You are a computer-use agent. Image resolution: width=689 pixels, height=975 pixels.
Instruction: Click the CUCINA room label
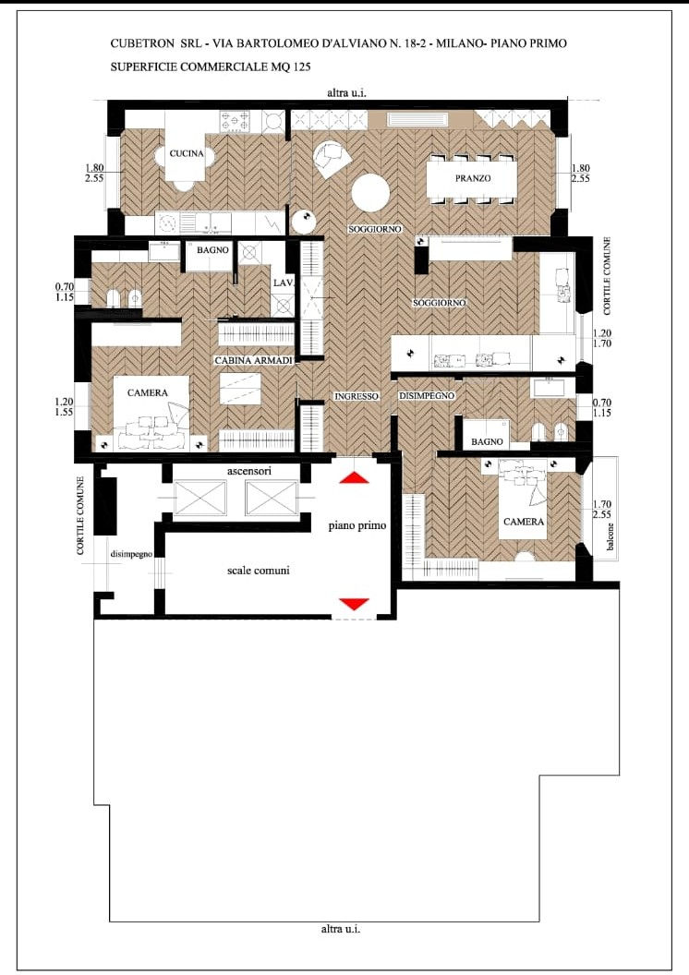point(187,153)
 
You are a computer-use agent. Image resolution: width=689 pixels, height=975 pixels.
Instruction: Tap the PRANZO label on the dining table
point(473,178)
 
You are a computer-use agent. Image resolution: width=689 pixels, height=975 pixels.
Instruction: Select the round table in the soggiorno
point(370,192)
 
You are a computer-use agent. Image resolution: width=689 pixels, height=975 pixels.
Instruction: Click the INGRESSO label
point(357,396)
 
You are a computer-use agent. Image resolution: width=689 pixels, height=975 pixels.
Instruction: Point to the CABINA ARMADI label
point(253,361)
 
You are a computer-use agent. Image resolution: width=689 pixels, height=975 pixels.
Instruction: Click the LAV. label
point(282,283)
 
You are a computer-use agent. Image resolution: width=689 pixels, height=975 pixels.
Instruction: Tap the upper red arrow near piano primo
point(354,477)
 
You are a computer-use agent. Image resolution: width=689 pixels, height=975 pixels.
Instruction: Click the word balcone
point(610,536)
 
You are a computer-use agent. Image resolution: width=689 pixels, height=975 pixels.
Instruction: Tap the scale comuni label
point(258,571)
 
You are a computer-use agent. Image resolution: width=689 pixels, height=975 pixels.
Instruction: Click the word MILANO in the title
point(461,43)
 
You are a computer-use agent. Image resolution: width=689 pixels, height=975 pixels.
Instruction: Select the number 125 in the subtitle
point(302,66)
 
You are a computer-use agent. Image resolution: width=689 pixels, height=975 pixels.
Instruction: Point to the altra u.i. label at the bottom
point(341,929)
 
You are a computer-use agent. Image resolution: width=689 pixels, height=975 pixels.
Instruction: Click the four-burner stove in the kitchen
point(235,121)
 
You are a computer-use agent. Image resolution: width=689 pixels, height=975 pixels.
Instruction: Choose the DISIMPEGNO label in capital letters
point(427,396)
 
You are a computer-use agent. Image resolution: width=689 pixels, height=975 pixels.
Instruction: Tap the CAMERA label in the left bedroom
point(148,393)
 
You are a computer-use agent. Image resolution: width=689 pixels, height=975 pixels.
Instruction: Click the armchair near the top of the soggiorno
point(331,159)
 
